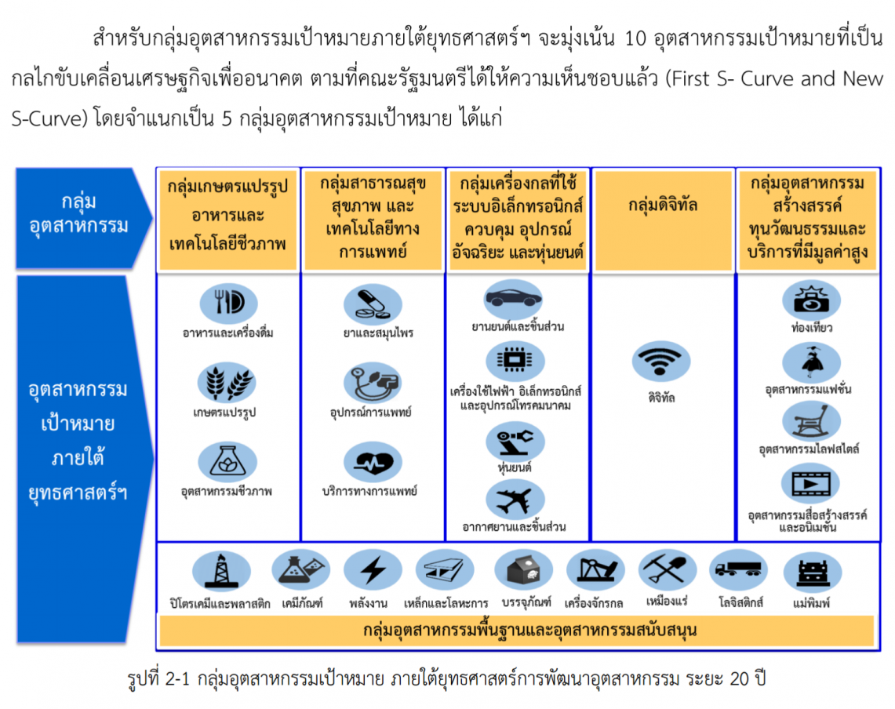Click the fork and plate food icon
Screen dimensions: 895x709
[x=228, y=303]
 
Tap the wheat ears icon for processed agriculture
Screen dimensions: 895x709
[x=227, y=383]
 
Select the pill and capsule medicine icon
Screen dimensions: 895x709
[x=373, y=304]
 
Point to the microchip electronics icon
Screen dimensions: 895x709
[x=515, y=361]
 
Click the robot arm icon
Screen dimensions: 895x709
[x=515, y=442]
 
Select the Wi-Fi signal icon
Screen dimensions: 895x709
[x=661, y=362]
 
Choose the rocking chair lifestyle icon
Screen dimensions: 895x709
[x=811, y=422]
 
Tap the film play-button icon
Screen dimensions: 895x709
[x=810, y=484]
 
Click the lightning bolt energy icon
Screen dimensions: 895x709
[x=373, y=569]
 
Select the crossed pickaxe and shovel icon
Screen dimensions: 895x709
[x=667, y=569]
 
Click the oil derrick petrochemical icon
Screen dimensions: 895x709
[x=221, y=570]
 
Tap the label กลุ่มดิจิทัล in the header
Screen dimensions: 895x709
[x=663, y=205]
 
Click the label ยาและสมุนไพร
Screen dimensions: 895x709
[x=378, y=333]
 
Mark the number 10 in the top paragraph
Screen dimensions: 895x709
[x=635, y=38]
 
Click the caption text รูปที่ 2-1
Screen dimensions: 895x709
[x=158, y=678]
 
